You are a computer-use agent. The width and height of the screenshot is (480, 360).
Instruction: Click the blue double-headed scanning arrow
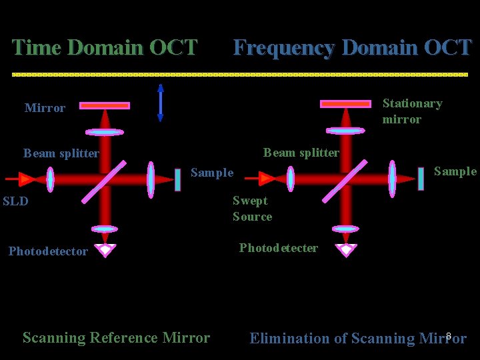click(160, 103)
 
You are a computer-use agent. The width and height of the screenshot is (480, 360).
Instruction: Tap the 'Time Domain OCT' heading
click(105, 48)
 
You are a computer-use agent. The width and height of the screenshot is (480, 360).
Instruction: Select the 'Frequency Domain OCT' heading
click(352, 48)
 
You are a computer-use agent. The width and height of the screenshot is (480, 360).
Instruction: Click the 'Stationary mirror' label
click(411, 111)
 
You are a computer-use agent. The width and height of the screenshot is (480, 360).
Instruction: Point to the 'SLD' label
click(15, 201)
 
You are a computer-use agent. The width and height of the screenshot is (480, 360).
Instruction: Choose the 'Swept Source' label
click(252, 209)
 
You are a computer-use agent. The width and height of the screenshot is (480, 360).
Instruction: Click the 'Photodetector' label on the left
click(48, 251)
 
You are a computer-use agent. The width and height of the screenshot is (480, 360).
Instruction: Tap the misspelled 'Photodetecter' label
click(278, 248)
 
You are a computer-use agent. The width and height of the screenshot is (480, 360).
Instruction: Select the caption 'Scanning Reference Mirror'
click(116, 338)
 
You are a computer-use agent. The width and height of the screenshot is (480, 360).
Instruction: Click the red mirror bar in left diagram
click(105, 105)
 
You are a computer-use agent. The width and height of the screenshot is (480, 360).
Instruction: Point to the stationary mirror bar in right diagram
click(345, 104)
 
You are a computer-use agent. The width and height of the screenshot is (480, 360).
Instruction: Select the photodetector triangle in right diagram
click(345, 250)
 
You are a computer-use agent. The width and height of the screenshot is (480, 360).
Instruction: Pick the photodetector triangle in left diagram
click(105, 250)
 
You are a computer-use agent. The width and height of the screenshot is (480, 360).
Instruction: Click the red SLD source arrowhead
click(27, 179)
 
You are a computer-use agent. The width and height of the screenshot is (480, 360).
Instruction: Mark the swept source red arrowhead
click(267, 179)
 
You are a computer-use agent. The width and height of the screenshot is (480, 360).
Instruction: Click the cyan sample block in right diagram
click(421, 179)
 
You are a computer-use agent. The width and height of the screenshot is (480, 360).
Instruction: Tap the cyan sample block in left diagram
click(177, 179)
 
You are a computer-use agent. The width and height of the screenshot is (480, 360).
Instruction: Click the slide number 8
click(449, 335)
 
